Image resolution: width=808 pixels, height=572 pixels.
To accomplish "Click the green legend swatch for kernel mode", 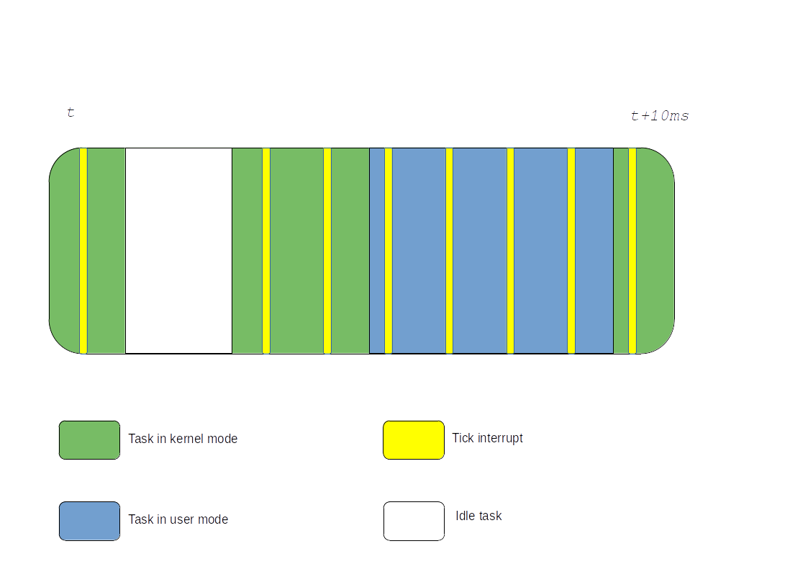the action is (89, 439).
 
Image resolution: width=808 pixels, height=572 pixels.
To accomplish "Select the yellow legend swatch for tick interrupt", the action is (413, 439).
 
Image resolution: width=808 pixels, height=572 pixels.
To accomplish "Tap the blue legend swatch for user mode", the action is (89, 521).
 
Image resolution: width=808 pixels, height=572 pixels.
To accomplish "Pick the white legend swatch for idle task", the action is (413, 521).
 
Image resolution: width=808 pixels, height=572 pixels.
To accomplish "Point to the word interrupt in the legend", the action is (500, 438).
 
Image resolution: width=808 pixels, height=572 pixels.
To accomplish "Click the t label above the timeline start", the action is (71, 112).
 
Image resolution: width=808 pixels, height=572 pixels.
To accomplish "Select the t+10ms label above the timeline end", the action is (660, 116).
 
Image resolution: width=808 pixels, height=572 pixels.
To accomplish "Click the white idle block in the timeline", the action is (178, 251).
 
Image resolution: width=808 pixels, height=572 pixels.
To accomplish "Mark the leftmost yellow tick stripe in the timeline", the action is (83, 251).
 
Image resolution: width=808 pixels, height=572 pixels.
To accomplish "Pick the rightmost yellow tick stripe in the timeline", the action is (632, 251).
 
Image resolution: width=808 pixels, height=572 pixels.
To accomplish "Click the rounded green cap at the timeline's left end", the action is (64, 251).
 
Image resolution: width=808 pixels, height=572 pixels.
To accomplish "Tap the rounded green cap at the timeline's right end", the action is (655, 251).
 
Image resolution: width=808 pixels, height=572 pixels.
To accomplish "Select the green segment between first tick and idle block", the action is (106, 251).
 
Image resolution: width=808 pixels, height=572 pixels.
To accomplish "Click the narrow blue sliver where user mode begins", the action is (377, 251).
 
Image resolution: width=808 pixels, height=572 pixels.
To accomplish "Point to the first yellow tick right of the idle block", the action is (266, 251).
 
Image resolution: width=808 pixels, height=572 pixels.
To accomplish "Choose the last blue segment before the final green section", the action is (594, 251).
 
